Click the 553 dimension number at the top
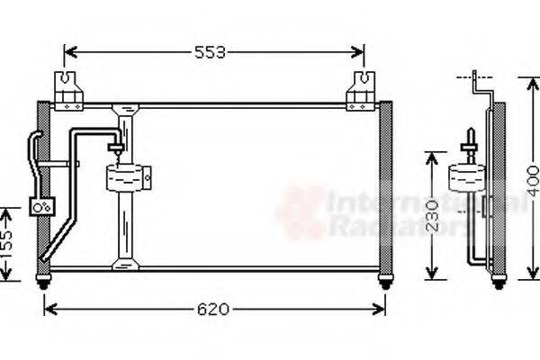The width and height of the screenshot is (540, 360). [x=211, y=52]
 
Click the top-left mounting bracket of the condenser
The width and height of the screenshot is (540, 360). [x=69, y=90]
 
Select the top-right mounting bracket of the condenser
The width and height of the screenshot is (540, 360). [x=362, y=90]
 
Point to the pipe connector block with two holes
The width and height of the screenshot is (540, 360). [x=42, y=206]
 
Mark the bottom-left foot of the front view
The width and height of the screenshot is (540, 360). [x=43, y=283]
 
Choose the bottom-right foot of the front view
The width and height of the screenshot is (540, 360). [x=385, y=283]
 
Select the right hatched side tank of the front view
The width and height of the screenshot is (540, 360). [x=385, y=189]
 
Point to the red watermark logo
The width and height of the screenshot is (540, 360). [x=301, y=214]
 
